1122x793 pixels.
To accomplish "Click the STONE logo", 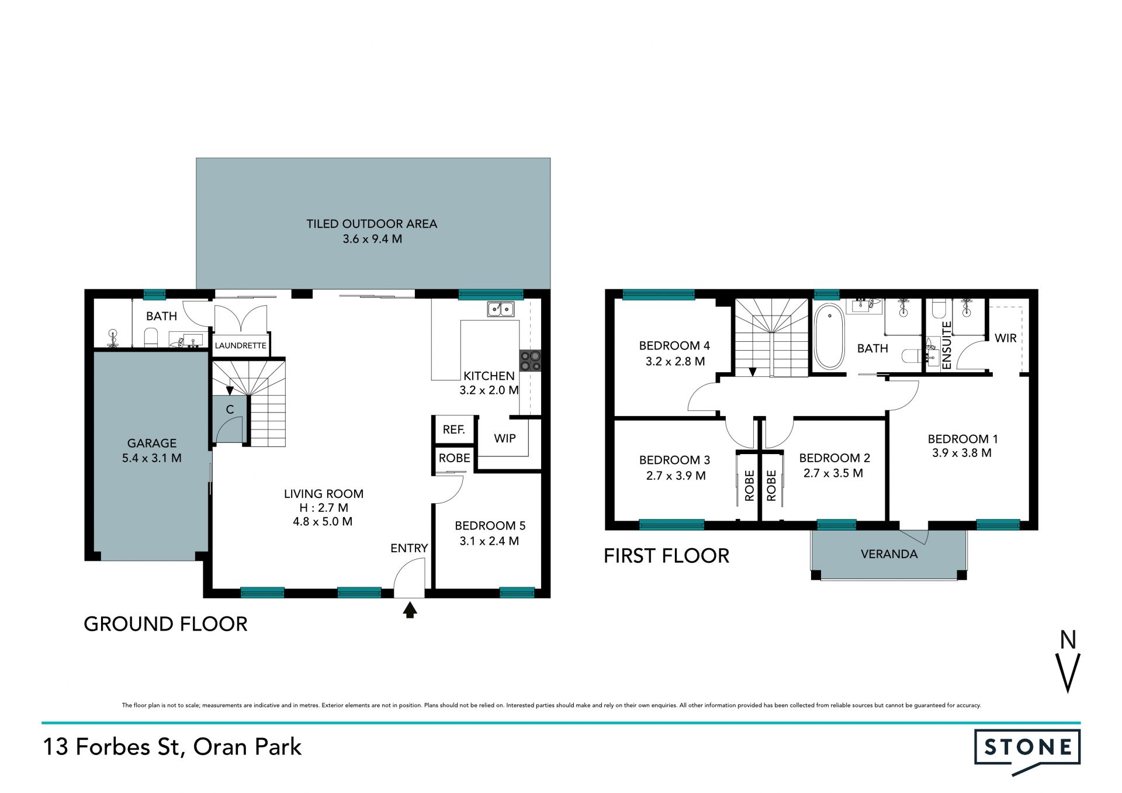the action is click(1027, 752).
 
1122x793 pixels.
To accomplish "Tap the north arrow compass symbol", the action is click(1068, 661).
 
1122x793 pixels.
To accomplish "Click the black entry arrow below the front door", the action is click(410, 610).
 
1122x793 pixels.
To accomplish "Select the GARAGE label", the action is click(152, 444).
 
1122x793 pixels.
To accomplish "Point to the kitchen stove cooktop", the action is click(530, 361).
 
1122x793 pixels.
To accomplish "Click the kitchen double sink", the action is click(501, 309).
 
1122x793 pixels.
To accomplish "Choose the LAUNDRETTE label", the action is click(241, 345).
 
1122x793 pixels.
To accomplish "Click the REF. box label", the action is click(454, 430).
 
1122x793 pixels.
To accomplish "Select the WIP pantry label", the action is click(505, 438).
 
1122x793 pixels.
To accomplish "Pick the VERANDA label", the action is click(889, 554).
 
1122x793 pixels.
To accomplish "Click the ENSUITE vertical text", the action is click(947, 345).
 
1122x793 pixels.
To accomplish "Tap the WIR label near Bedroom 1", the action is click(1006, 338).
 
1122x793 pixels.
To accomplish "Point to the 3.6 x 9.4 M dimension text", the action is click(372, 239).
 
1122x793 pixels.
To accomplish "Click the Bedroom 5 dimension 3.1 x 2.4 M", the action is click(489, 541).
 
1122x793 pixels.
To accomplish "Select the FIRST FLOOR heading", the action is click(667, 556).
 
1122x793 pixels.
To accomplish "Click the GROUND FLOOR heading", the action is click(166, 624).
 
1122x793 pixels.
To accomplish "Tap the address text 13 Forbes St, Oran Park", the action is click(172, 747).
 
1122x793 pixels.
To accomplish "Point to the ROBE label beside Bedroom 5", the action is click(455, 458).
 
